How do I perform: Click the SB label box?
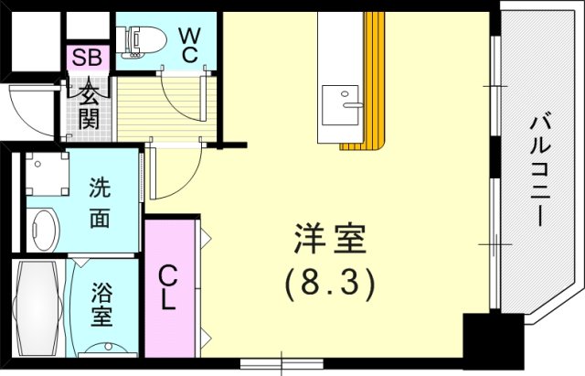point(89,57)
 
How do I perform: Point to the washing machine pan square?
point(45,173)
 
